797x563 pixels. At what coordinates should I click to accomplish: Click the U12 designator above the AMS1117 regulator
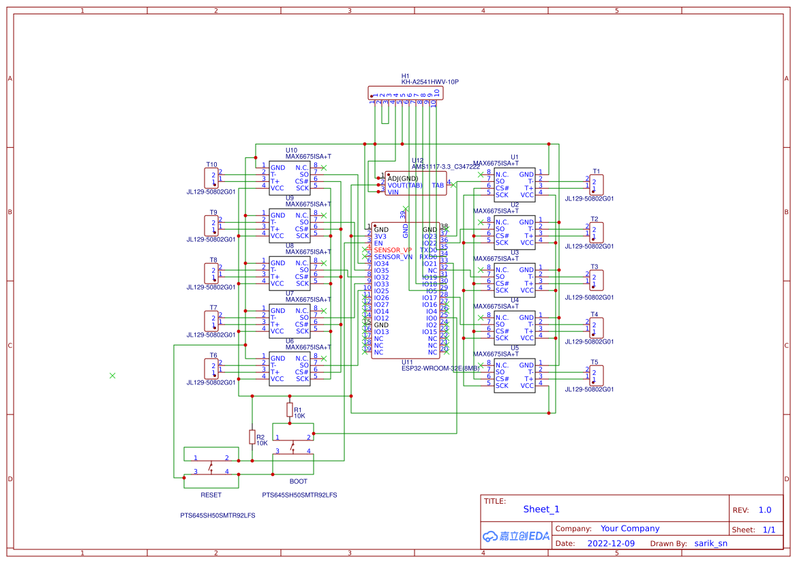[x=417, y=161]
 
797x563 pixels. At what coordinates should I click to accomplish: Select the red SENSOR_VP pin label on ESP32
[x=393, y=250]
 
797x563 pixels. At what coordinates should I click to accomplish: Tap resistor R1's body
[x=289, y=410]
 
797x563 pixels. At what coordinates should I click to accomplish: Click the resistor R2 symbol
[x=252, y=437]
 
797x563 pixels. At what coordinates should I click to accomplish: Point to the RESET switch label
[x=211, y=495]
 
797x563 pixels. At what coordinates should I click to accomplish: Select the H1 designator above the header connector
[x=405, y=76]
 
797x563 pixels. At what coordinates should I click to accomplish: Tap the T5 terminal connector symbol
[x=596, y=376]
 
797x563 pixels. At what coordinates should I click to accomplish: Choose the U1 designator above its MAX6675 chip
[x=515, y=157]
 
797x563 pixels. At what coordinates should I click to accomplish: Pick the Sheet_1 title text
[x=541, y=509]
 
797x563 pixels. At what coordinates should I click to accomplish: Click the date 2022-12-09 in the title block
[x=611, y=544]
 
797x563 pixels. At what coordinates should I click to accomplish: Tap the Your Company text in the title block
[x=630, y=528]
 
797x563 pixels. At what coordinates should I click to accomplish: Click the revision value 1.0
[x=765, y=510]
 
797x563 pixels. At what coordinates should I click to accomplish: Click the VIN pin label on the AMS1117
[x=393, y=192]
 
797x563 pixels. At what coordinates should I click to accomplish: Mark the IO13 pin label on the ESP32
[x=381, y=332]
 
